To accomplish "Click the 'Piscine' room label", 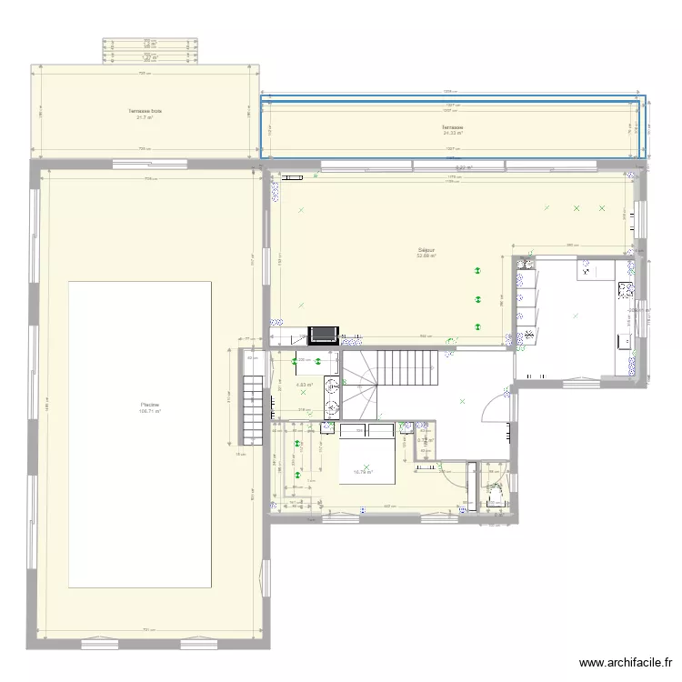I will tap(145, 405).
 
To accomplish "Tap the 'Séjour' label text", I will tap(426, 249).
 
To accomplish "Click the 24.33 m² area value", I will tap(452, 133).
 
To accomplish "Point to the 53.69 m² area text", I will tap(426, 256).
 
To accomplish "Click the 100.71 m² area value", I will tap(147, 411).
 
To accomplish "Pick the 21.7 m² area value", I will tap(145, 117).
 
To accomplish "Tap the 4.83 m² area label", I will tap(305, 385).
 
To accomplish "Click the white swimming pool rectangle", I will tap(140, 434).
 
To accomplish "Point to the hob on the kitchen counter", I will tap(626, 290).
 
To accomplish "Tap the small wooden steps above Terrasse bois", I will tap(150, 50).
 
